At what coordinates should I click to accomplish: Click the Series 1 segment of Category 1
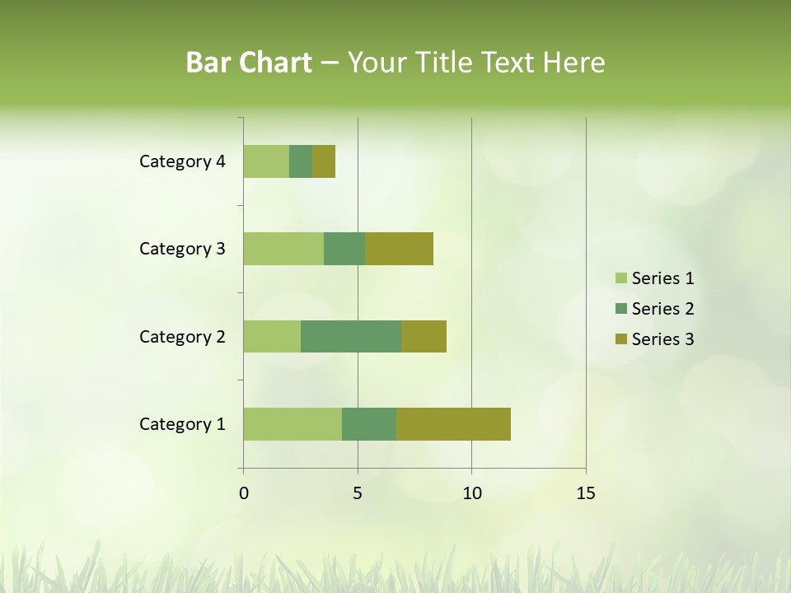[x=293, y=424]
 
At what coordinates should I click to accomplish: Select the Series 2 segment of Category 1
[x=369, y=424]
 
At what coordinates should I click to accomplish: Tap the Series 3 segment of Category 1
[x=453, y=424]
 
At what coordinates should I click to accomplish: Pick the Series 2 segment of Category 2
[x=351, y=336]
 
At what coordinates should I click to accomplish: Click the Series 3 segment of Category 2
[x=424, y=336]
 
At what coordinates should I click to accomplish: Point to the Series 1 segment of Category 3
[x=283, y=249]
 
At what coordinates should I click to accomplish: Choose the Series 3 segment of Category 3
[x=399, y=249]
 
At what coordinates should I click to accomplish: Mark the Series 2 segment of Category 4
[x=301, y=161]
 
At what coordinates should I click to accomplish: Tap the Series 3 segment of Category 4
[x=324, y=161]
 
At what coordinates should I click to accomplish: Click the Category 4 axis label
[x=182, y=161]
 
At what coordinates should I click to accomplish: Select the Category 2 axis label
[x=182, y=336]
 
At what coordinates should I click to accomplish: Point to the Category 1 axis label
[x=182, y=424]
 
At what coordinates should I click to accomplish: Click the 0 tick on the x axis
[x=244, y=493]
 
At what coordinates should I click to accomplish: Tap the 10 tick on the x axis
[x=471, y=493]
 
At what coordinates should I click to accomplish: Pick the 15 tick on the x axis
[x=586, y=493]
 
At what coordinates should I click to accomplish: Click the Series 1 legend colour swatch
[x=620, y=278]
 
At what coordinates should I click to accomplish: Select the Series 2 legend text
[x=662, y=309]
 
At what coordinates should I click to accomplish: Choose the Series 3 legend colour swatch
[x=620, y=339]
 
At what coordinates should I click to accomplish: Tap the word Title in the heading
[x=442, y=63]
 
